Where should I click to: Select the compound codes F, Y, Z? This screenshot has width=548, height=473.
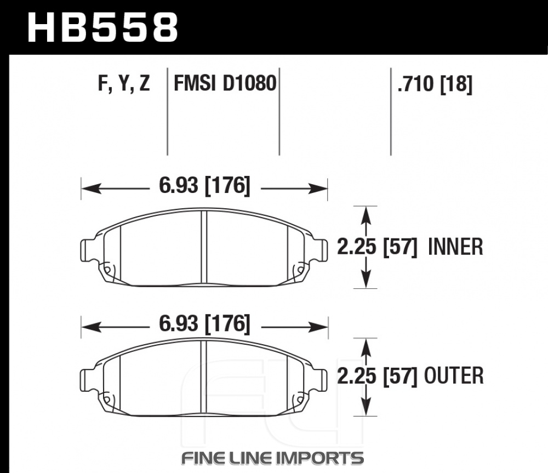pos(124,84)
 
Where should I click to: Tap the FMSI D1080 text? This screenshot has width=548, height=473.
pos(225,83)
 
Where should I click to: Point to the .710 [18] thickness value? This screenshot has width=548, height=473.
pos(435,84)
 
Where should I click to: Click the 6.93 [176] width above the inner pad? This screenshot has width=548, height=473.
pos(204,185)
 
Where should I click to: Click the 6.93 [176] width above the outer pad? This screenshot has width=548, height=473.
pos(204,324)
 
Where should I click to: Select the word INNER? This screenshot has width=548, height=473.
pos(455,247)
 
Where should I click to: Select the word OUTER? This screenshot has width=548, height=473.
pos(454,375)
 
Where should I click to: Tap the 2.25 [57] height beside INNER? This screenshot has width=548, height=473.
pos(377,247)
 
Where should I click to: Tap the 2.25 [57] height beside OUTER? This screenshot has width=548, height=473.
pos(377,376)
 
